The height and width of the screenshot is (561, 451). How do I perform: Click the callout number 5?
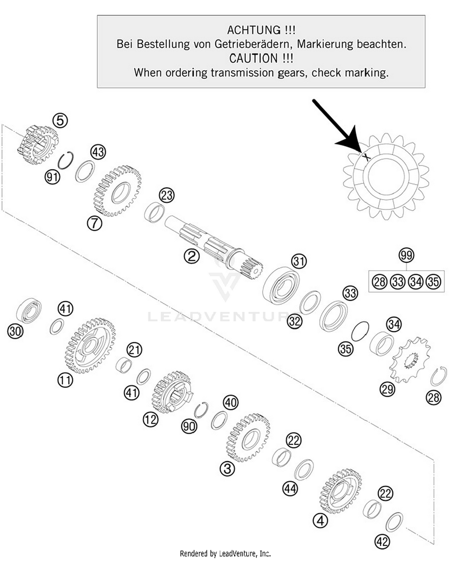60,120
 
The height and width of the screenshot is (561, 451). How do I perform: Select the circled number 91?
52,177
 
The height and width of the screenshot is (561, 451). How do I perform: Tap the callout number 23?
167,195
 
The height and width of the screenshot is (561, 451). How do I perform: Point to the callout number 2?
192,256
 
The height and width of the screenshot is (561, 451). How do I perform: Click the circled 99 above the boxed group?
406,255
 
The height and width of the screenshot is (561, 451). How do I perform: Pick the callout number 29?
387,389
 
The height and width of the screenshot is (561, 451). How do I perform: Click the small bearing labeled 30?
29,310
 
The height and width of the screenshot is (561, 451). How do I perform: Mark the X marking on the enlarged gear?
366,157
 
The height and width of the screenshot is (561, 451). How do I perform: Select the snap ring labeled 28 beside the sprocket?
439,376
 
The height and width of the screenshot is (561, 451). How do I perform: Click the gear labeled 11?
90,345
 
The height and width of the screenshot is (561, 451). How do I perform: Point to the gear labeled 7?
117,191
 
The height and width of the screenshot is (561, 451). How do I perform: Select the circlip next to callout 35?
360,332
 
